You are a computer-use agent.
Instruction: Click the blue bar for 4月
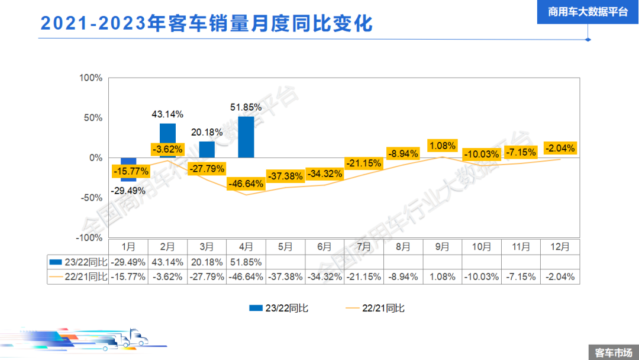[246, 137]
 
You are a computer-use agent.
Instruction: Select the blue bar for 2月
[167, 133]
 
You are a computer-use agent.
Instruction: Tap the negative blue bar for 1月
[128, 169]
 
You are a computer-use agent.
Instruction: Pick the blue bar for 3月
[207, 149]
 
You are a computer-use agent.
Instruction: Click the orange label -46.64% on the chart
[246, 184]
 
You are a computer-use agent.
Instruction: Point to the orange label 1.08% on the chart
[443, 146]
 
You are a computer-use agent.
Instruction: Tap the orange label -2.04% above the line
[560, 148]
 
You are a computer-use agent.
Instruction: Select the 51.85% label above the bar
[246, 107]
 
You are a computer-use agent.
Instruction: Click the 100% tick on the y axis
[91, 78]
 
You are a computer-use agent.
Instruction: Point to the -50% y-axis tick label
[91, 197]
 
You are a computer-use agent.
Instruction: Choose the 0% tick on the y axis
[95, 157]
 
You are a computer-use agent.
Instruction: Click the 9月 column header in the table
[443, 246]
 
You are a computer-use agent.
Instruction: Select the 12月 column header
[560, 246]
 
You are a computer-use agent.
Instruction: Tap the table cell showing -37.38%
[285, 277]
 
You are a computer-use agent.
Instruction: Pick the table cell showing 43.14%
[167, 261]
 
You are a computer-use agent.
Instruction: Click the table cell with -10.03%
[482, 277]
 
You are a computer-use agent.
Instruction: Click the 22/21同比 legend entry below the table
[375, 308]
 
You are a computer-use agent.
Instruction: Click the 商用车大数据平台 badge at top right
[588, 12]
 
